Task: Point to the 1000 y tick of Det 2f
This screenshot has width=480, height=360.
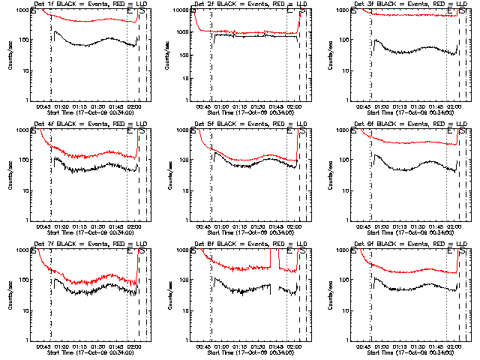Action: pyautogui.click(x=183, y=10)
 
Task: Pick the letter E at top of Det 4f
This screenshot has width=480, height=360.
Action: pyautogui.click(x=130, y=130)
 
